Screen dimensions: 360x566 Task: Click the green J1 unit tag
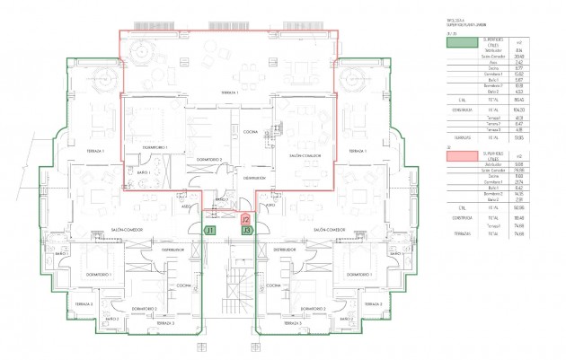[209, 231]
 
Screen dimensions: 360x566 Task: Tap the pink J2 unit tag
[246, 219]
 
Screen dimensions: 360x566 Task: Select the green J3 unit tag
[246, 231]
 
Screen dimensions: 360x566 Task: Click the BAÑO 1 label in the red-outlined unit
[143, 171]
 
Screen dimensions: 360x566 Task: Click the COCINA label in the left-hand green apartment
[182, 285]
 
